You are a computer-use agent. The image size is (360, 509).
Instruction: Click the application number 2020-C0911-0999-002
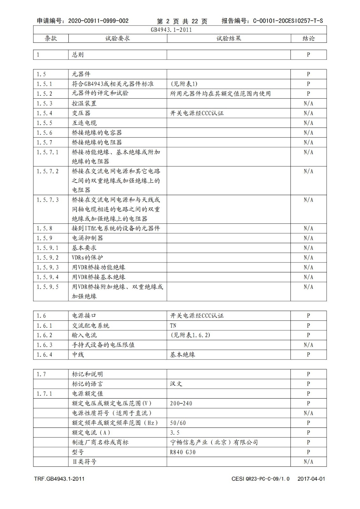(98, 21)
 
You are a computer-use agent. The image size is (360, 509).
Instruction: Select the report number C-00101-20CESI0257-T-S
(288, 21)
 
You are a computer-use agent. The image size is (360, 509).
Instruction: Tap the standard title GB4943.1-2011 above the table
(171, 30)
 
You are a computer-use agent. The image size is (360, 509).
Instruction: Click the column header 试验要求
(117, 38)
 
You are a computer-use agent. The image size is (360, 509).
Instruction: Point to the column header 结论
(308, 38)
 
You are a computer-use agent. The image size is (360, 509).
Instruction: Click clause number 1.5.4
(44, 113)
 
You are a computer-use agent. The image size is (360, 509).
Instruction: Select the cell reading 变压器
(81, 113)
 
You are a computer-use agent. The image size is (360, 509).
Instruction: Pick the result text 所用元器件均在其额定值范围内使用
(220, 94)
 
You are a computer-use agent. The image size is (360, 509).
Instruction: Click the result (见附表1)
(184, 84)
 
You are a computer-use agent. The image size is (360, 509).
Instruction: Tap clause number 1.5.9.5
(47, 287)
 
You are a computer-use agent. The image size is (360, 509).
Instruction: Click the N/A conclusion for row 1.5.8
(308, 228)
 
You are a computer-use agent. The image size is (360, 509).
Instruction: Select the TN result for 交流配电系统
(173, 326)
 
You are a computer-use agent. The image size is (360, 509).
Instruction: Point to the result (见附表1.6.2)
(190, 335)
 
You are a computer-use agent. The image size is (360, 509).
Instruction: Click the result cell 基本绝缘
(182, 355)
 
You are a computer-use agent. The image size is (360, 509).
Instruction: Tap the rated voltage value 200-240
(181, 403)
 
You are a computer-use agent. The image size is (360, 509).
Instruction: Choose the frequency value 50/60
(178, 423)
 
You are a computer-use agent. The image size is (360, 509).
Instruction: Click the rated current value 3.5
(175, 433)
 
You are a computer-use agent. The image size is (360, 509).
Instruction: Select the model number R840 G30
(183, 452)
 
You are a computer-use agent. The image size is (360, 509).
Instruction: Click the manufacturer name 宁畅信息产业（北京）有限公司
(214, 443)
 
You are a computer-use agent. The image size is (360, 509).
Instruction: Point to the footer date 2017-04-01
(311, 479)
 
